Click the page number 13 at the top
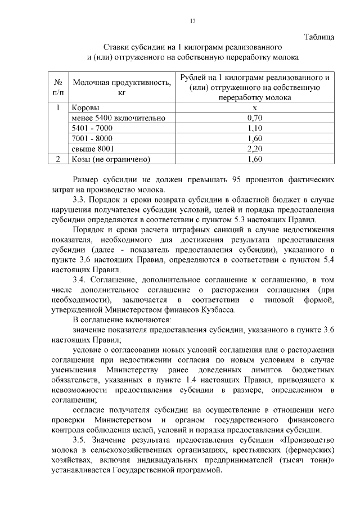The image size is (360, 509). [x=192, y=21]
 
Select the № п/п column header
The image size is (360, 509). [x=57, y=87]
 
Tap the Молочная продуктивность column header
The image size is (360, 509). [x=121, y=87]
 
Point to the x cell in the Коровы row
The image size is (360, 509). [x=255, y=107]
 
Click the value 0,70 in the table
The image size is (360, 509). [x=255, y=118]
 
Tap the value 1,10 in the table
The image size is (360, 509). [x=255, y=128]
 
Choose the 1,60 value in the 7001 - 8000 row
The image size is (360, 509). [x=255, y=138]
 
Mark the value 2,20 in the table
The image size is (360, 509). [x=255, y=148]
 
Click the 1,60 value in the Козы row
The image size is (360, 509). [x=255, y=159]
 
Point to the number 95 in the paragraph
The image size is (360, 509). [x=237, y=180]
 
